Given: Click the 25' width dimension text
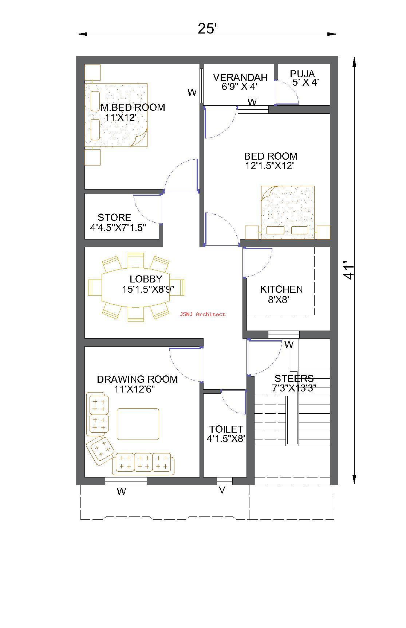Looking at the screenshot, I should click(x=207, y=28).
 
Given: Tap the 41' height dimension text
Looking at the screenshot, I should click(x=349, y=270).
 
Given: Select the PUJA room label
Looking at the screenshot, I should click(x=302, y=74).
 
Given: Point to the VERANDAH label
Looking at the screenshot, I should click(x=240, y=77).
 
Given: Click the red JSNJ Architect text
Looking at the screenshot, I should click(x=202, y=314).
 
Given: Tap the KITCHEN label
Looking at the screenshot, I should click(x=281, y=289).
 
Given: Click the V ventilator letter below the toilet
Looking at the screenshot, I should click(x=222, y=491).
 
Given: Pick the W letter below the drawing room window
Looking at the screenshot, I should click(x=121, y=492).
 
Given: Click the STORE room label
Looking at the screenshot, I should click(x=114, y=218).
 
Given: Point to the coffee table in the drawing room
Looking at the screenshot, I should click(x=138, y=424).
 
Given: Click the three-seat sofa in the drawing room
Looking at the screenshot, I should click(x=143, y=464).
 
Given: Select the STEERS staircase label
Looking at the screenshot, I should click(x=294, y=378).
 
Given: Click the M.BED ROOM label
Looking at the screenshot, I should click(x=133, y=108).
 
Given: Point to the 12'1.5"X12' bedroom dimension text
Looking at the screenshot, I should click(x=269, y=166).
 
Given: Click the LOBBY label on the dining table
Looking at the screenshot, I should click(x=146, y=279).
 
